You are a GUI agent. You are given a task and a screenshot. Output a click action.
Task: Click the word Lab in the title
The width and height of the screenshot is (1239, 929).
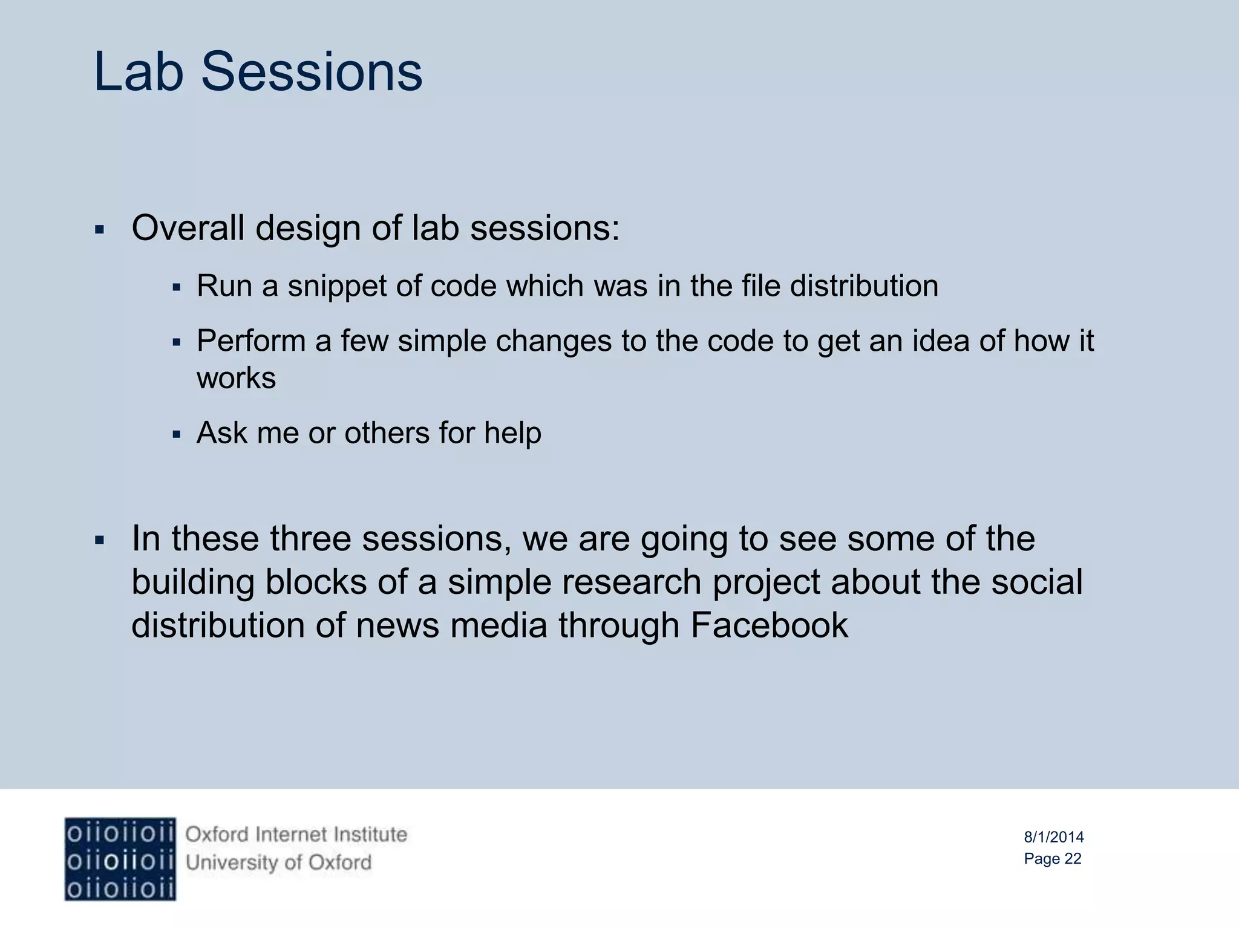click(139, 72)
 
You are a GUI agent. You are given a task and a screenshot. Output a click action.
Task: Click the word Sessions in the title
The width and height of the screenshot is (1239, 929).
click(312, 72)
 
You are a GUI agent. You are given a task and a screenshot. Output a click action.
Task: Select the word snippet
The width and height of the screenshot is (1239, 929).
click(336, 286)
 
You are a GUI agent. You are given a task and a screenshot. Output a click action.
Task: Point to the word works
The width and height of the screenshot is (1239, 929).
click(236, 378)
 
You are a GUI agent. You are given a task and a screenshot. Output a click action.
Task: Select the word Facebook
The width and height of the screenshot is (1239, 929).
click(769, 625)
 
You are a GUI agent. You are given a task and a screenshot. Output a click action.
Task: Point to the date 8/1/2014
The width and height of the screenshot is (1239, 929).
click(1053, 837)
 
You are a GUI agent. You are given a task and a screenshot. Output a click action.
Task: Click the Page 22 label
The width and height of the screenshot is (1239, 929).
click(1052, 859)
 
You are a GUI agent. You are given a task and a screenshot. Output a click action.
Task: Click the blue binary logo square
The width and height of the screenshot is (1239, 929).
click(120, 859)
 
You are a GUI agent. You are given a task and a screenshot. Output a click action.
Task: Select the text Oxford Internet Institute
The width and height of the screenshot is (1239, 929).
click(296, 835)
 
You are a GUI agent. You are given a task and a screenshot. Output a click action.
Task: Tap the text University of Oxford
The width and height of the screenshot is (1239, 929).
click(278, 862)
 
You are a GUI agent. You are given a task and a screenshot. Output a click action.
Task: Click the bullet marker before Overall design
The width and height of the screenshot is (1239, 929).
click(100, 230)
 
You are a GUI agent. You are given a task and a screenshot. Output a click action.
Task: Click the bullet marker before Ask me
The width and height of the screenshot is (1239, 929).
click(177, 434)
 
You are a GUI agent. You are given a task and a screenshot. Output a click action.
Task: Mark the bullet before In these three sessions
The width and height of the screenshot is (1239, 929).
click(100, 540)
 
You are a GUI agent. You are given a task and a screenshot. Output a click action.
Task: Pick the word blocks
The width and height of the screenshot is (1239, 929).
click(316, 582)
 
